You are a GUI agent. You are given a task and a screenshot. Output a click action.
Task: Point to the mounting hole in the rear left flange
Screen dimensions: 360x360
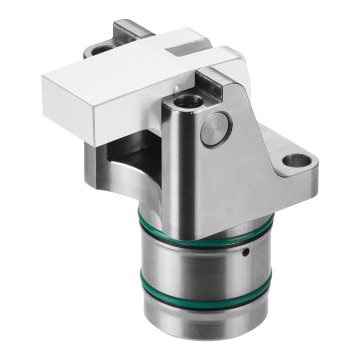point(101,50)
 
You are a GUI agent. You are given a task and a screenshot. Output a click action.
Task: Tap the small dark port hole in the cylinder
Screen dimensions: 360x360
point(247,252)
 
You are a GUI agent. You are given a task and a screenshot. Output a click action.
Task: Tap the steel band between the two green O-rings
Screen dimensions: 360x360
point(206,267)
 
